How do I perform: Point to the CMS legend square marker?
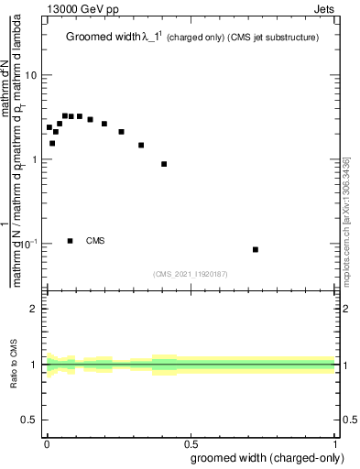click(x=71, y=241)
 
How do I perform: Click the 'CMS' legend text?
click(x=95, y=241)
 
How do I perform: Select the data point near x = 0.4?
click(x=164, y=164)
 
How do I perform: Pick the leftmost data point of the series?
click(x=49, y=127)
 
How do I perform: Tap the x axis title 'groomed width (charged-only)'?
click(x=264, y=457)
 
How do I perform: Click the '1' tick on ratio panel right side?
click(x=346, y=365)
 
